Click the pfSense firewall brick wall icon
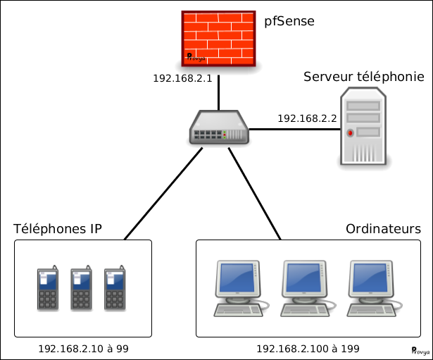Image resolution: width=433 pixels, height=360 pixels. click(x=218, y=39)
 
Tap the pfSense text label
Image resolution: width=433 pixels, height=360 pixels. click(x=289, y=21)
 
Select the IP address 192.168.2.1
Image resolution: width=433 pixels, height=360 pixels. click(x=182, y=78)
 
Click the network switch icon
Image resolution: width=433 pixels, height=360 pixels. click(x=219, y=128)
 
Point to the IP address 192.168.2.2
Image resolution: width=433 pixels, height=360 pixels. click(x=307, y=118)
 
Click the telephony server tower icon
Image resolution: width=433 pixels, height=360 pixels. click(x=363, y=126)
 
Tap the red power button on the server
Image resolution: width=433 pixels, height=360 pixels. click(x=350, y=133)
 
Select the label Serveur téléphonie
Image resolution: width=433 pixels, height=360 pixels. click(x=364, y=77)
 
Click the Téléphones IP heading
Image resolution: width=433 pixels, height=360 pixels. click(x=58, y=229)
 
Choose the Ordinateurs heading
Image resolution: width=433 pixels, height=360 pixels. click(x=383, y=229)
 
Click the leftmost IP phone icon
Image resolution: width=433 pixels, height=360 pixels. click(x=48, y=288)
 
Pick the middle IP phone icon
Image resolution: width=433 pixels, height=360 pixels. click(x=81, y=288)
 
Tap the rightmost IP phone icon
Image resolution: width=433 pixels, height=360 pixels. click(x=115, y=288)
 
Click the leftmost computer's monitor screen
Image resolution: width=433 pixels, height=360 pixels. click(x=237, y=278)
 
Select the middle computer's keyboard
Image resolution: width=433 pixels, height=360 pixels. click(x=305, y=310)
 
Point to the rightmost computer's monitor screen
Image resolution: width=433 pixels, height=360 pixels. click(x=370, y=278)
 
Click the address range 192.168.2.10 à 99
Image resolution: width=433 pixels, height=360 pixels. click(x=83, y=349)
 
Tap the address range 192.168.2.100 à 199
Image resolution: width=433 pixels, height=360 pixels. click(x=308, y=349)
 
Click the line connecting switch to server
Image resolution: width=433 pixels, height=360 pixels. click(x=294, y=129)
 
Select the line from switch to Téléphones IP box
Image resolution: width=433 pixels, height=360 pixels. click(x=163, y=194)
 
